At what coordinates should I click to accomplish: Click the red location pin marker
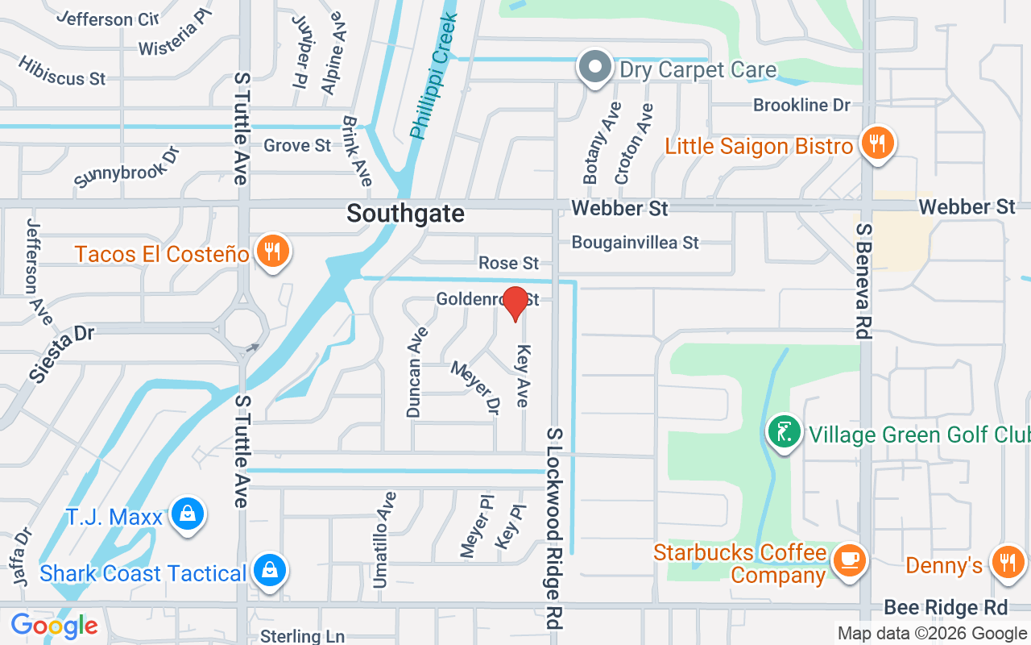tap(515, 303)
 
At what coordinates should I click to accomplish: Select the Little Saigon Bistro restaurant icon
tap(876, 144)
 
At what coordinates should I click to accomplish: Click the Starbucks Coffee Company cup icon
tap(848, 559)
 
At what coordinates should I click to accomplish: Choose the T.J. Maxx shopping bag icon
tap(187, 514)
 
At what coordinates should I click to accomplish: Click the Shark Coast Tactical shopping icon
tap(269, 570)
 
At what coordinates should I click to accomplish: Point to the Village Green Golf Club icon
tap(784, 432)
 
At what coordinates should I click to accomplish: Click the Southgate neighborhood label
tap(406, 214)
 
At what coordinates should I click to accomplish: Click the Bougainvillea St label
tap(636, 242)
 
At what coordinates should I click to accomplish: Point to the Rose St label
tap(508, 263)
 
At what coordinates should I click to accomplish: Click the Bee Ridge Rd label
tap(946, 607)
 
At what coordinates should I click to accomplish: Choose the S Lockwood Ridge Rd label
tap(554, 528)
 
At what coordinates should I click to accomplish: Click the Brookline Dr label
tap(801, 106)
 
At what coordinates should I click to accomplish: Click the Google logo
tap(54, 625)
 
